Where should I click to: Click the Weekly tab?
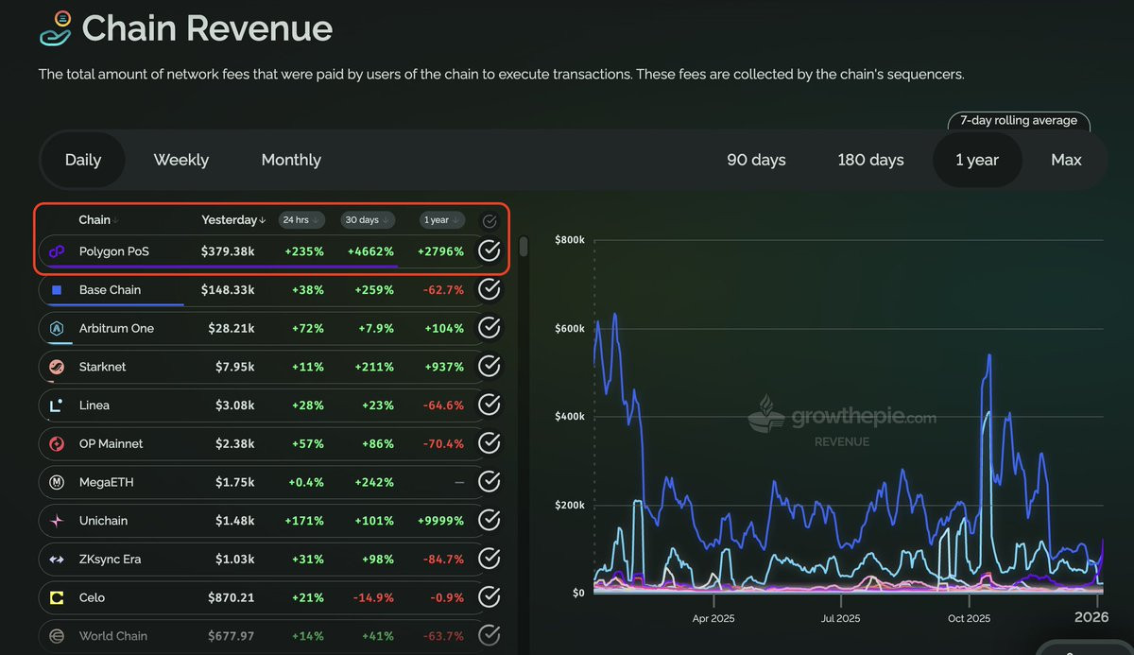click(x=180, y=160)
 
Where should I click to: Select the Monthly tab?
click(x=291, y=160)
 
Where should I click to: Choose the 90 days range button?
click(x=756, y=160)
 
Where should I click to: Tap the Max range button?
click(x=1066, y=160)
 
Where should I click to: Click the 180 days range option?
click(x=870, y=160)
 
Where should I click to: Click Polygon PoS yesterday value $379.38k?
click(x=228, y=251)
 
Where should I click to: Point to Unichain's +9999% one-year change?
click(x=440, y=521)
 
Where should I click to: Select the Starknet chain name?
click(x=102, y=367)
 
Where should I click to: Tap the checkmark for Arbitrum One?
click(x=489, y=328)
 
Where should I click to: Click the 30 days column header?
click(x=362, y=220)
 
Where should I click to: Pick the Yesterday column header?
click(x=230, y=220)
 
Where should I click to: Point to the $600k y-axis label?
click(x=570, y=329)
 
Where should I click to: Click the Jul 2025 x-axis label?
click(x=841, y=618)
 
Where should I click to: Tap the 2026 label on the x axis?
click(x=1091, y=617)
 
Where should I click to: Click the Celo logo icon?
click(x=57, y=597)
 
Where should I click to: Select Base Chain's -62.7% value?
click(x=440, y=290)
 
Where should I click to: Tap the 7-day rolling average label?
click(x=1018, y=121)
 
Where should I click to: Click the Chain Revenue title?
click(x=207, y=29)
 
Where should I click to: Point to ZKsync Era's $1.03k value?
click(x=232, y=560)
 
